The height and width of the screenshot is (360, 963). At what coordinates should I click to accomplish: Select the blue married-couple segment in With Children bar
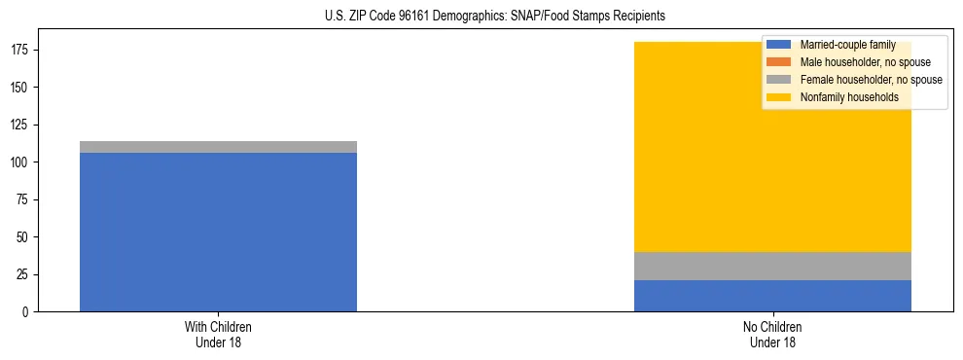click(218, 232)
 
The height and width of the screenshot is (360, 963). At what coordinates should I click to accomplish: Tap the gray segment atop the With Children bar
click(218, 147)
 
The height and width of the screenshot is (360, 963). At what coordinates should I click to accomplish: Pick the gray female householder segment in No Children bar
click(772, 266)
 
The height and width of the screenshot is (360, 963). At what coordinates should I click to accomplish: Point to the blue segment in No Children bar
click(772, 296)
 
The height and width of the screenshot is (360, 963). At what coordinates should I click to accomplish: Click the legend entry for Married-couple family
click(847, 45)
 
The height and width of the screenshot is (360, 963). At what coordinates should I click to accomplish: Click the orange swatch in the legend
click(778, 62)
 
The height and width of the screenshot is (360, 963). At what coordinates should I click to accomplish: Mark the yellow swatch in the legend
click(778, 97)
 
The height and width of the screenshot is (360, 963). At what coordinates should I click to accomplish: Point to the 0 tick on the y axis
click(27, 312)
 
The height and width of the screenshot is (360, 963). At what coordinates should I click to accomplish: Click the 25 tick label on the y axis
click(24, 274)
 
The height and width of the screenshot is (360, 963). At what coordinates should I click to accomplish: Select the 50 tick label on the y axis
click(24, 237)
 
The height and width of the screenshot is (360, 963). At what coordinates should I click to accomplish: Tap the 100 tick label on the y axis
click(21, 162)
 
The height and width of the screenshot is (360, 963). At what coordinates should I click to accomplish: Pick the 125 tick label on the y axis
click(21, 125)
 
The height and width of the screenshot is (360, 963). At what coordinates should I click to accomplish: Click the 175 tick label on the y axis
click(21, 50)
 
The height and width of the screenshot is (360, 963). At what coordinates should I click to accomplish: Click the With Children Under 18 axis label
click(218, 335)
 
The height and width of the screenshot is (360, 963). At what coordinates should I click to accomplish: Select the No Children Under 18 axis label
click(772, 335)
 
